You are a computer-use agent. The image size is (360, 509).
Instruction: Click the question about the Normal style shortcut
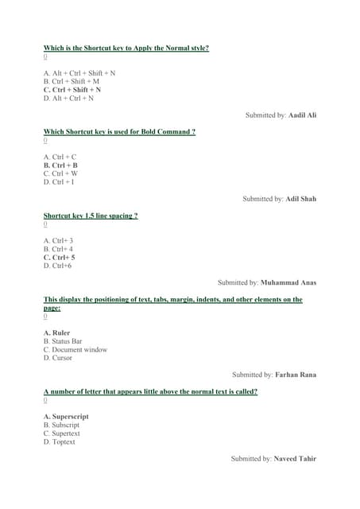[126, 48]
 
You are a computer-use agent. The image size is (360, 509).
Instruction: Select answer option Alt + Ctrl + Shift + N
[79, 73]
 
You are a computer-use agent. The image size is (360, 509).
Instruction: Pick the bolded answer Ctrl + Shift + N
[72, 90]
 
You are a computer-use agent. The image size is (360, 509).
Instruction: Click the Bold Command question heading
[119, 131]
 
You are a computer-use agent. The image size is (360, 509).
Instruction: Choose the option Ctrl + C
[60, 157]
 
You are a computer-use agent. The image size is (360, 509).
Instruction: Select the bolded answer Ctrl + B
[60, 165]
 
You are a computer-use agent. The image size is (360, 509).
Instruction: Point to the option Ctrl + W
[60, 173]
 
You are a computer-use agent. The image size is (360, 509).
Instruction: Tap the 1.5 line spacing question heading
[91, 216]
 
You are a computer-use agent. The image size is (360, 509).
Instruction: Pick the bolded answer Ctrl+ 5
[60, 258]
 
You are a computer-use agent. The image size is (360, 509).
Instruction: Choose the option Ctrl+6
[58, 266]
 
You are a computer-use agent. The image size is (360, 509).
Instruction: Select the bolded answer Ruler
[56, 332]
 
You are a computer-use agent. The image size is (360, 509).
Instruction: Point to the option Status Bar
[63, 341]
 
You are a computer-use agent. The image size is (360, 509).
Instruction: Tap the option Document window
[75, 349]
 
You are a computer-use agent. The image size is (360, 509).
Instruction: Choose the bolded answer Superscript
[66, 417]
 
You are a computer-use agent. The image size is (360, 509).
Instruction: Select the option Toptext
[59, 441]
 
